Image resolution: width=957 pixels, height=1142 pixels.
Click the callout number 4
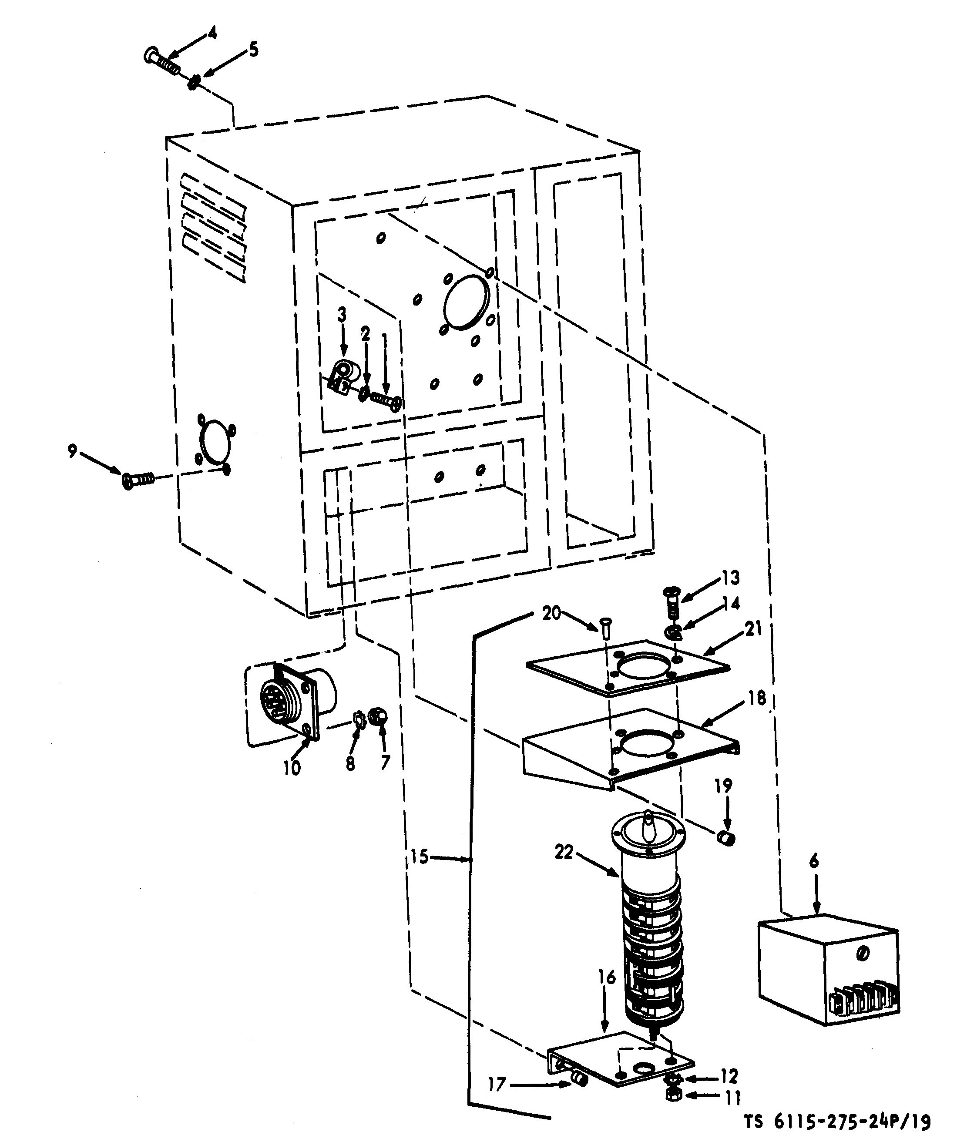point(211,34)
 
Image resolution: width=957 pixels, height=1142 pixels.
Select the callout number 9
point(72,451)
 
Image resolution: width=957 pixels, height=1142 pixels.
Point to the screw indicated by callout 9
point(139,480)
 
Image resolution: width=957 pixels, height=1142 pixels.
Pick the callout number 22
point(564,852)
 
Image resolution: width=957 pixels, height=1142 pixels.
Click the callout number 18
point(757,698)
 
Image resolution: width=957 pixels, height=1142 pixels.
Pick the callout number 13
point(731,578)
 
